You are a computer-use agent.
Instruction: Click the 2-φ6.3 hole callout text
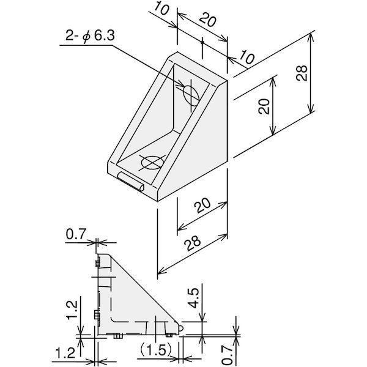pos(90,37)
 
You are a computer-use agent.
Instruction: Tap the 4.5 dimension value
pos(194,298)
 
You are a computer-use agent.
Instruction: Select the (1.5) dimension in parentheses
pos(157,350)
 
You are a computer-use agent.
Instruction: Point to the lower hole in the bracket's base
pos(152,162)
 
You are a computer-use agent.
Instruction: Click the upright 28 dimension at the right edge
pos(302,73)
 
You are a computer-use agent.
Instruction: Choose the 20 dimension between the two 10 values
pos(208,20)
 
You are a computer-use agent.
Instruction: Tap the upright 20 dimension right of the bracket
pos(264,106)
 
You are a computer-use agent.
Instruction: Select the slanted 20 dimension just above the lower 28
pos(202,206)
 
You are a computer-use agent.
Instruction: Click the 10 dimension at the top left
pos(161,9)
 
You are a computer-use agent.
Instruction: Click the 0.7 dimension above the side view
pos(76,234)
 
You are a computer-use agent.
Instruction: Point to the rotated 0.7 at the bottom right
pos(227,355)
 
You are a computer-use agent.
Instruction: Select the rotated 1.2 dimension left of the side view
pos(72,310)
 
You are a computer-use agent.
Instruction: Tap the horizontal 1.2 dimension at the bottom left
pos(65,353)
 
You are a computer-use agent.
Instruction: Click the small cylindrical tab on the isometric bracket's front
pos(131,182)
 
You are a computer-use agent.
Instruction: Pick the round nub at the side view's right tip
pos(180,328)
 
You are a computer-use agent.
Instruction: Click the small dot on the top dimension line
pos(202,42)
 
